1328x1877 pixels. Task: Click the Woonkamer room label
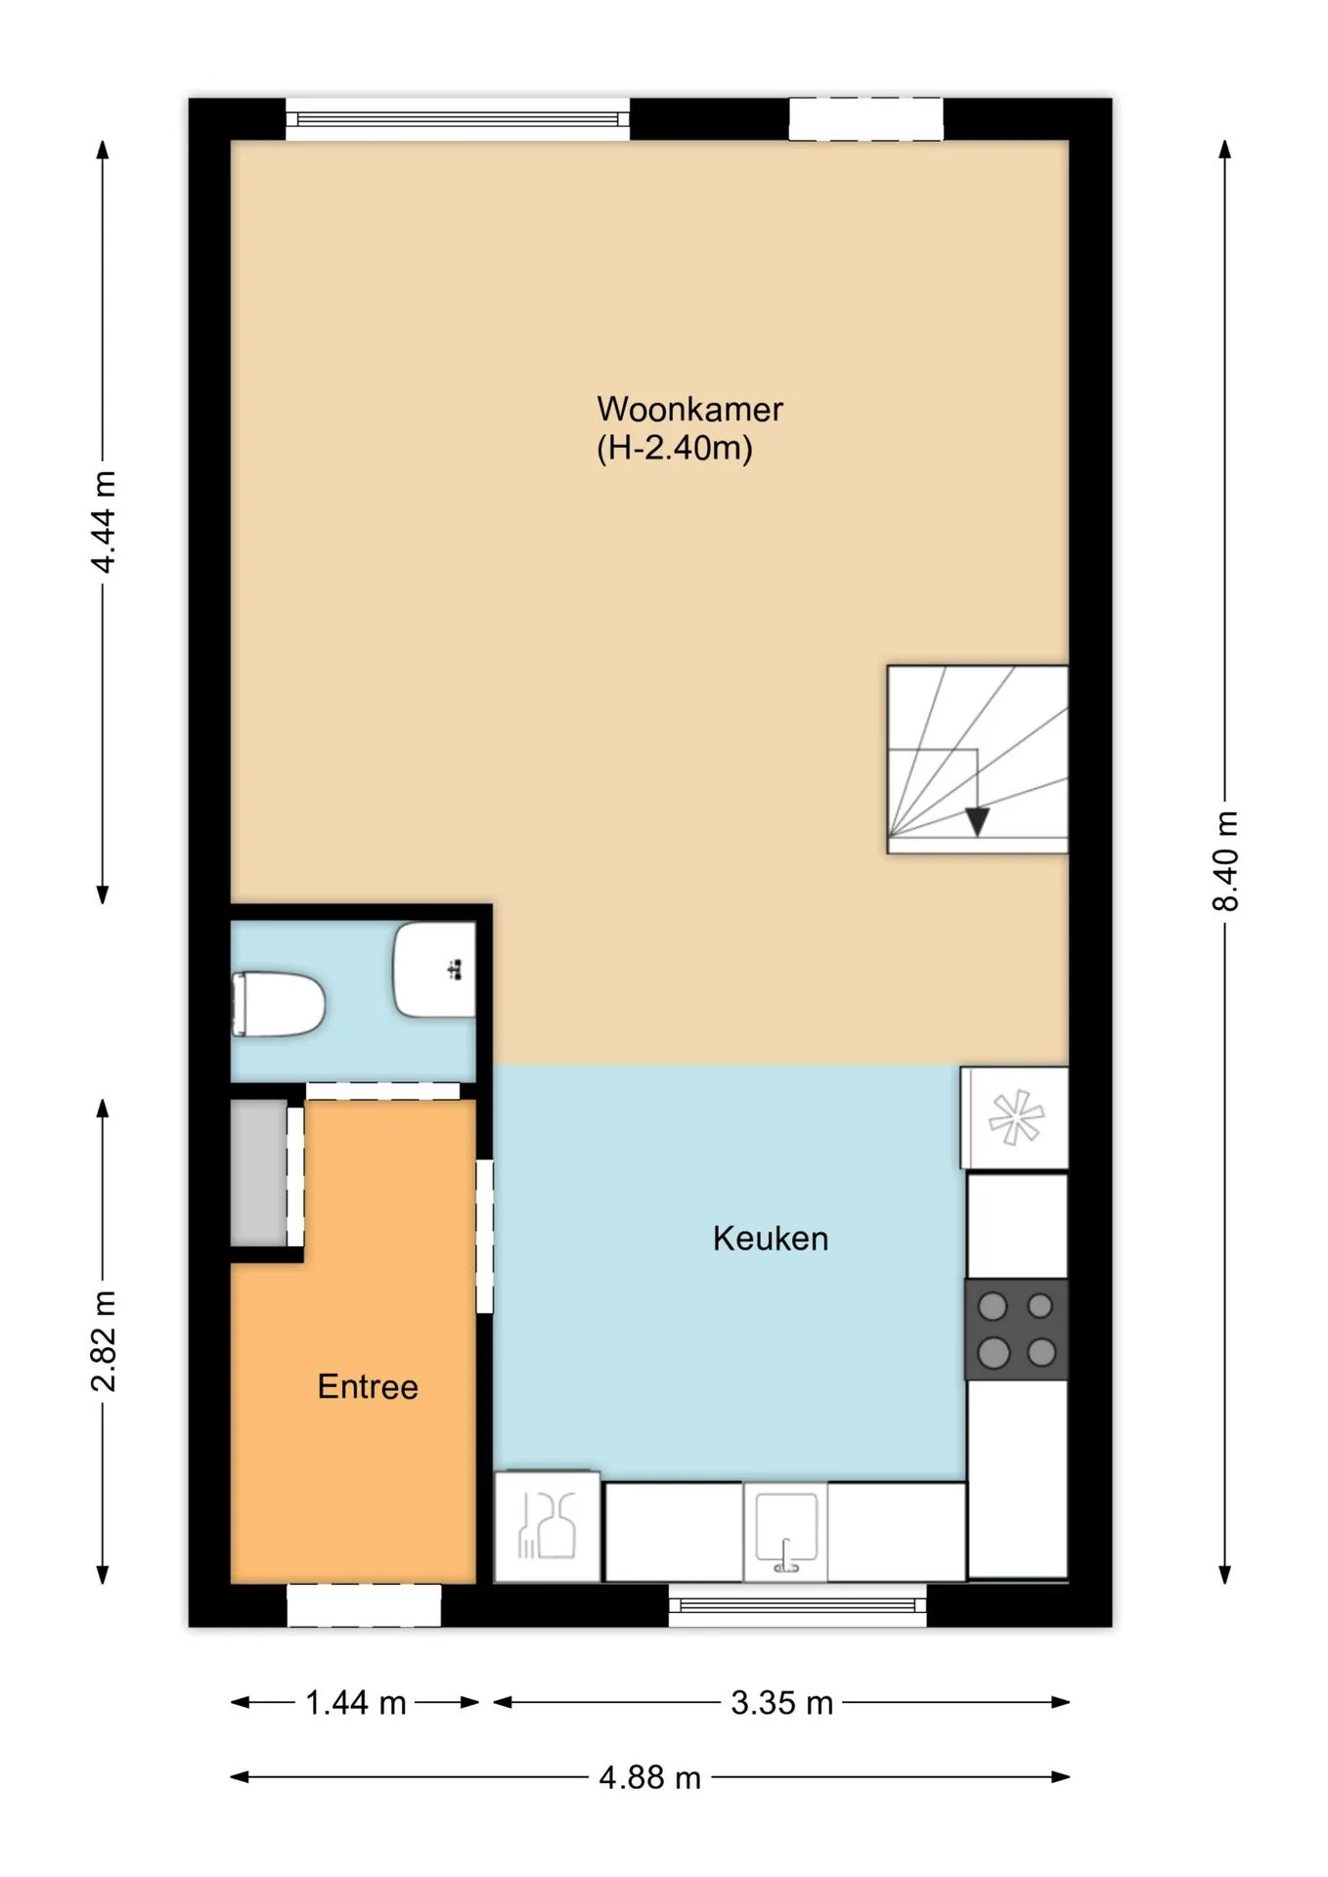689,409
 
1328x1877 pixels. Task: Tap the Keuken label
771,1239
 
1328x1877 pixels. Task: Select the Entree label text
368,1386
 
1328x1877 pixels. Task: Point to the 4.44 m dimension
104,521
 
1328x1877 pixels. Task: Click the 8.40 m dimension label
1225,861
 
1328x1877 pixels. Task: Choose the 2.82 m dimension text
104,1340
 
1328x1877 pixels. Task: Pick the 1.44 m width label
356,1703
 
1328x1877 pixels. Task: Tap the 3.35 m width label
782,1703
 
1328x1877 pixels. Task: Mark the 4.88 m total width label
650,1777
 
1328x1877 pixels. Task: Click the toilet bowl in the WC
278,1003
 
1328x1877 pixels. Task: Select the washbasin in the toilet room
434,970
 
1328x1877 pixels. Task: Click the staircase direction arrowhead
976,822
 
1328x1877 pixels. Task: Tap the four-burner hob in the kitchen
1016,1330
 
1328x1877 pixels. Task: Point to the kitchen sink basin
785,1530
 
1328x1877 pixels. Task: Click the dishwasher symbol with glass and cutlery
548,1526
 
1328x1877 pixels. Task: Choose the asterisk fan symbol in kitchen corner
1016,1117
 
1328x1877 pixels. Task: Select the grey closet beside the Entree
259,1173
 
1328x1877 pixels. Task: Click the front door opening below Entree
364,1605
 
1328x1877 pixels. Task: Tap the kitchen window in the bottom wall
798,1605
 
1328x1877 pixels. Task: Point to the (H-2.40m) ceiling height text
675,449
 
